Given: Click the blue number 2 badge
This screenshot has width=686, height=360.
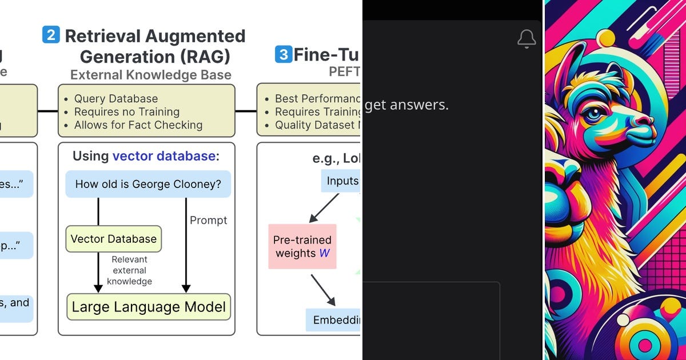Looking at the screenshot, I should click(x=51, y=35).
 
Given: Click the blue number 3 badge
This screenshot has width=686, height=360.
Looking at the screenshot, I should click(x=283, y=54).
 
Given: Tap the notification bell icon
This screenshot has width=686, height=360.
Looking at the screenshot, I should click(x=526, y=39).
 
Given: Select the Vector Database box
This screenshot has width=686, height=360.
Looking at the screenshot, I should click(x=114, y=239).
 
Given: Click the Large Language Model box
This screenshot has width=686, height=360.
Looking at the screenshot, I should click(x=149, y=307).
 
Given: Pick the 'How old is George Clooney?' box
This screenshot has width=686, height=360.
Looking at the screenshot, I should click(x=148, y=184).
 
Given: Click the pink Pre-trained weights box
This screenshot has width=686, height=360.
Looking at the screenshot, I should click(x=302, y=246).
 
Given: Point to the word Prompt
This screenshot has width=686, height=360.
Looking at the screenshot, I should click(x=208, y=221).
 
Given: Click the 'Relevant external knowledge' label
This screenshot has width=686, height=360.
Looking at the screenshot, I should click(x=130, y=270).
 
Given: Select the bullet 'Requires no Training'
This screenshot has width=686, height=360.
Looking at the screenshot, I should click(x=126, y=112).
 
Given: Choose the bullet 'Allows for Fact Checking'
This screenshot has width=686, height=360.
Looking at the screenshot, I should click(x=138, y=125).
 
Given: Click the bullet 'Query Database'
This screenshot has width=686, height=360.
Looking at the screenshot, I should click(x=115, y=99).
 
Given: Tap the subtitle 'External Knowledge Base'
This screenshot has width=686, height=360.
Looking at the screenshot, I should click(x=150, y=75).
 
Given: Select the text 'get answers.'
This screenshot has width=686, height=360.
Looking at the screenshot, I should click(x=406, y=105).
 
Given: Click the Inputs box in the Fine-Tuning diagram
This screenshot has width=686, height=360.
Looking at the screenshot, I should click(x=342, y=181).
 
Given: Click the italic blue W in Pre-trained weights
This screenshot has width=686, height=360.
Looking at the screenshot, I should click(x=324, y=253).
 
